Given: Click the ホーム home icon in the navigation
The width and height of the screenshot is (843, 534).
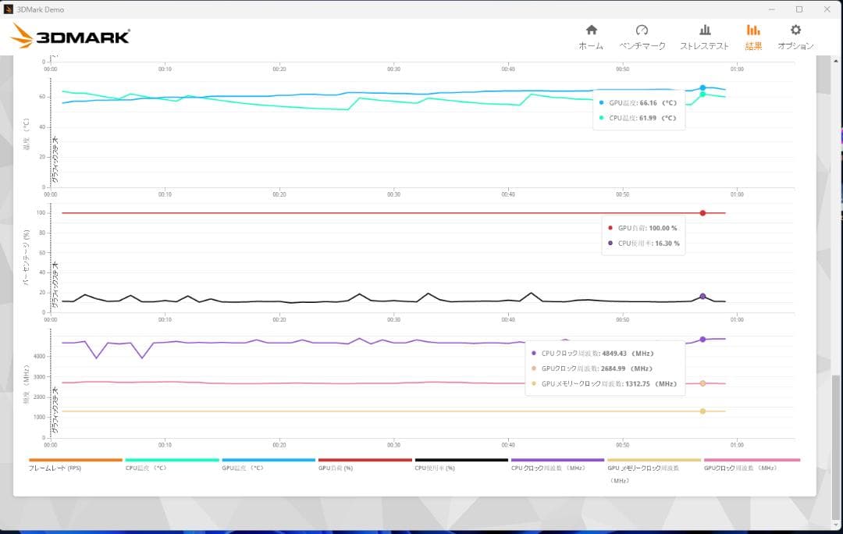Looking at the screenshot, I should pos(591,30).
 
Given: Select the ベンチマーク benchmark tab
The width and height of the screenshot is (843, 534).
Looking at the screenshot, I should pos(642,30).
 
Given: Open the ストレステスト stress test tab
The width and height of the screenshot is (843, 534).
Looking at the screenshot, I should pos(704,30).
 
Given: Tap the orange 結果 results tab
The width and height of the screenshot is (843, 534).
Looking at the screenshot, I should pos(753,30).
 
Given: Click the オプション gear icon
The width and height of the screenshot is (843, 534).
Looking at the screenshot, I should pos(795,30).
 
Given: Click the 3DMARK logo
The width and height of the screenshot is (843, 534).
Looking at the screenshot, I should pos(70,36).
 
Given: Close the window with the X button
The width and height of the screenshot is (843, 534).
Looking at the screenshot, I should pos(826,9).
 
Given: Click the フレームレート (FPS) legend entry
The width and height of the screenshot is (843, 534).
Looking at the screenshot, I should pos(55,468).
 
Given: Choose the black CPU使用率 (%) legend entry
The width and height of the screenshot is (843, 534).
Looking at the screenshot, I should pos(435,468).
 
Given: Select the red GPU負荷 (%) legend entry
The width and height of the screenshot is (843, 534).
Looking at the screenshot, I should pos(336,468).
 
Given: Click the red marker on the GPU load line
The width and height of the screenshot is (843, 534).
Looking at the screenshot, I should pos(702,213).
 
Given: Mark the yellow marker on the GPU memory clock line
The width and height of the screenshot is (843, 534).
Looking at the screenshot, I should pos(702,411).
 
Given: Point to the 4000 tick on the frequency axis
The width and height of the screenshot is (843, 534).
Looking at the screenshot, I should pos(39,356).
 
